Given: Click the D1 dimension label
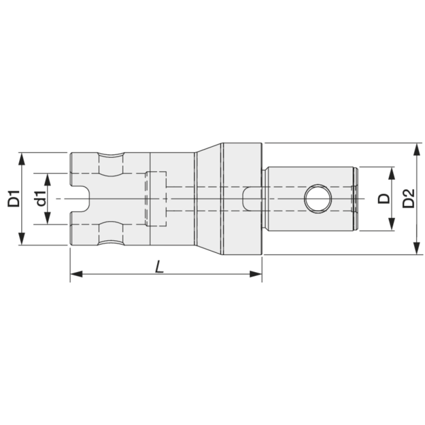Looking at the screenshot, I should click(x=14, y=199).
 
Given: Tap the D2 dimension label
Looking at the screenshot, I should click(x=408, y=199).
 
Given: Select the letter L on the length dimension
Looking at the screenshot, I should click(x=159, y=267).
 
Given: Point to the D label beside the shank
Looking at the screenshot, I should click(x=384, y=199).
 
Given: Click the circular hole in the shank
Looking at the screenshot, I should click(x=317, y=199).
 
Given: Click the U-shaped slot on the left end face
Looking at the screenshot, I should click(x=80, y=199).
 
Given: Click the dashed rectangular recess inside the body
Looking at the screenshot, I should click(x=156, y=199).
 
